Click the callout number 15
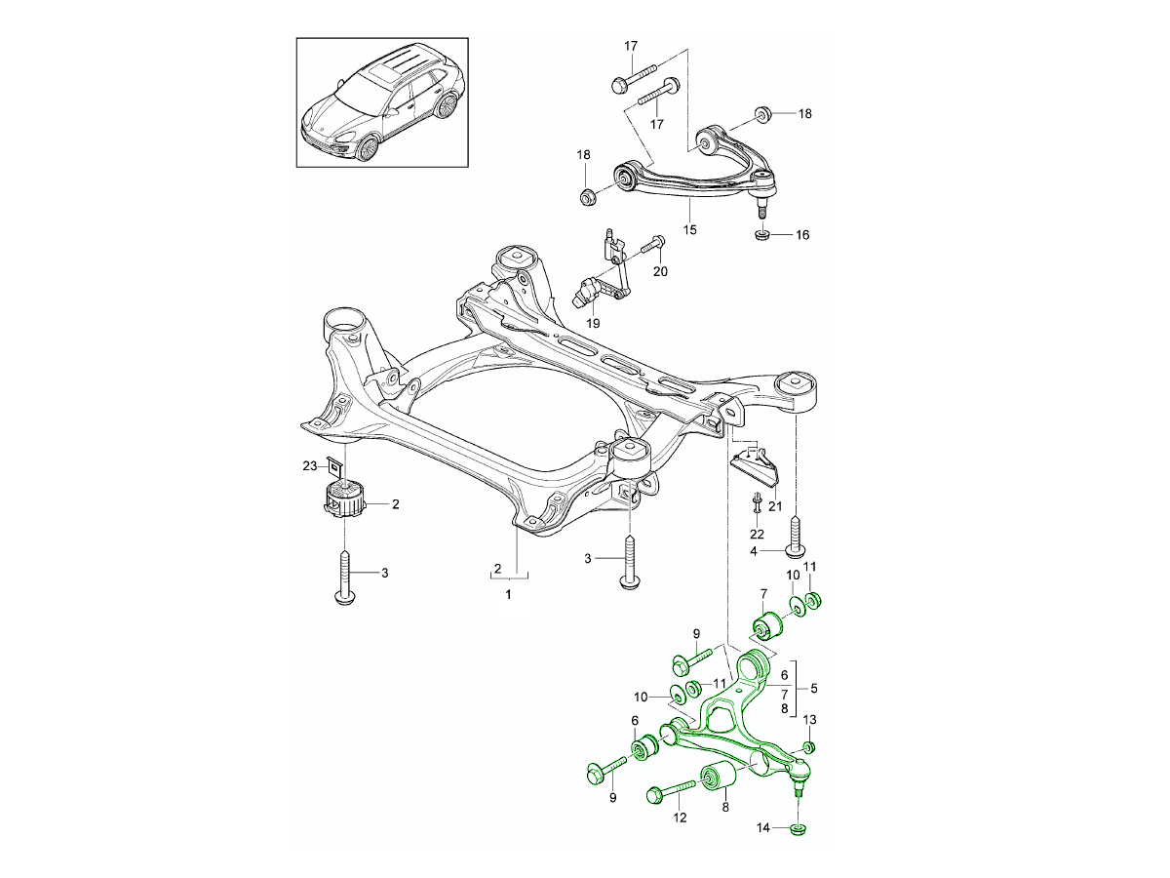pos(689,230)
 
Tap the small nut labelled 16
pos(762,234)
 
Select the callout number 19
pos(592,323)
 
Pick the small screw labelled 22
pos(756,504)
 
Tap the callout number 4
pos(755,551)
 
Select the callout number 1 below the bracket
pos(507,593)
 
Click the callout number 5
pos(813,687)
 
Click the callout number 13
pos(809,719)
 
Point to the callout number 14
pos(765,828)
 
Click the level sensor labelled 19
pos(595,291)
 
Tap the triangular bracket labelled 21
pos(758,465)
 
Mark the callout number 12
pos(681,818)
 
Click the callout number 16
pos(802,235)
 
